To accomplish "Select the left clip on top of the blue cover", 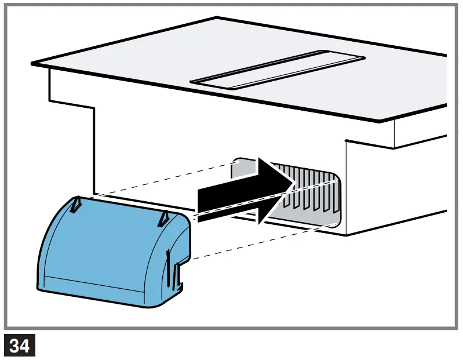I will (x=77, y=203).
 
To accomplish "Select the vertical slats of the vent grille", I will (x=307, y=188).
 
